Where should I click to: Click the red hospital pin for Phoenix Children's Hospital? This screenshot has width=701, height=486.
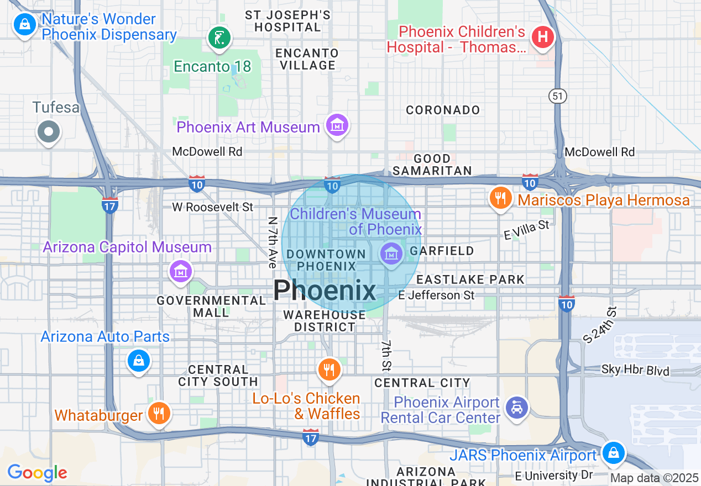(543, 38)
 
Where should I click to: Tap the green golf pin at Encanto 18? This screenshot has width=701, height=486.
(219, 38)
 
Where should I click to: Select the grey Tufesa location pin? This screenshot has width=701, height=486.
(49, 131)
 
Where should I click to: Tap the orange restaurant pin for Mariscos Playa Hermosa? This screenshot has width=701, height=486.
(501, 198)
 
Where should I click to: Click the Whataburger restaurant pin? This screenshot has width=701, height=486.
(159, 413)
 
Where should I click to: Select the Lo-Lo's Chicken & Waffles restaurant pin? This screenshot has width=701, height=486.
(329, 369)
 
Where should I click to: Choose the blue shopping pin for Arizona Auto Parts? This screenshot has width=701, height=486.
(138, 361)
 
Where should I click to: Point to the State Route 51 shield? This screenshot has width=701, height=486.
(558, 96)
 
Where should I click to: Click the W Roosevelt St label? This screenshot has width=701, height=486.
(212, 207)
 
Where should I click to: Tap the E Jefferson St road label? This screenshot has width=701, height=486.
(436, 295)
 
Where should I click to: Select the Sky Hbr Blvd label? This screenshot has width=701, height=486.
(636, 370)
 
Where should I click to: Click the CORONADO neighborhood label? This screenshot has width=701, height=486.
(443, 110)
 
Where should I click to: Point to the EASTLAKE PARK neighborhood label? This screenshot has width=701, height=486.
(470, 279)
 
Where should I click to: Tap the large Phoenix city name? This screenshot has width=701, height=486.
(325, 290)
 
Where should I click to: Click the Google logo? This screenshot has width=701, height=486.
(37, 473)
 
